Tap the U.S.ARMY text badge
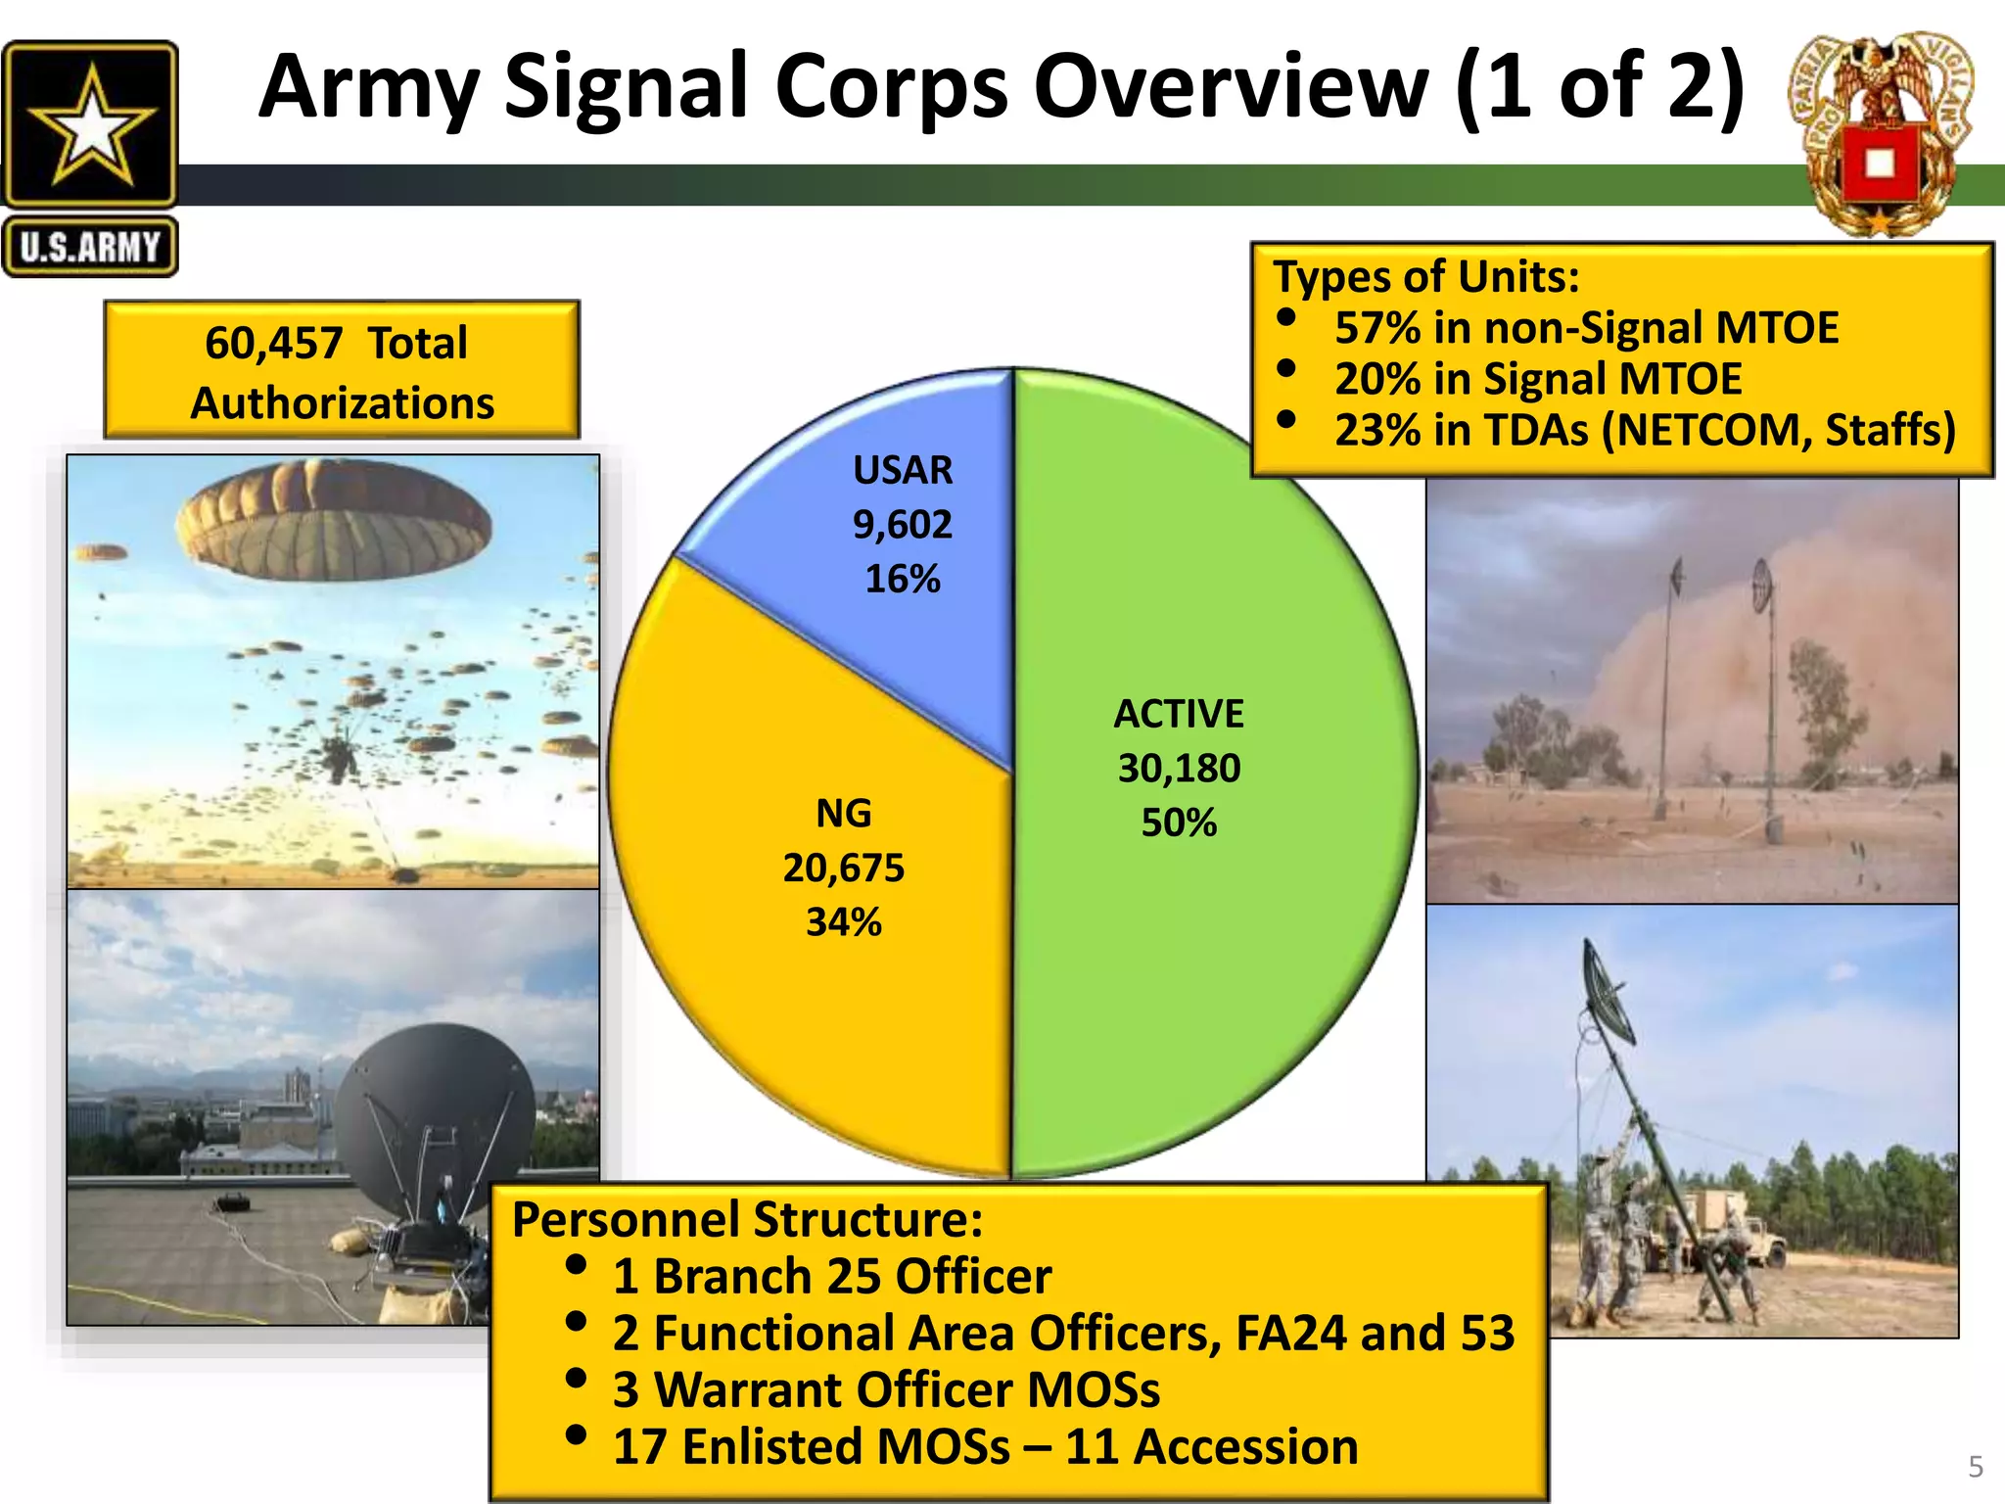click(90, 247)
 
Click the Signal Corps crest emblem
click(1881, 137)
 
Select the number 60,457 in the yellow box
click(273, 343)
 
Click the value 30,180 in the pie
click(1179, 768)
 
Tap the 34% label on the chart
click(843, 922)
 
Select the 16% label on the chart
click(902, 579)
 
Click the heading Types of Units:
click(1425, 277)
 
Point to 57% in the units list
click(1376, 328)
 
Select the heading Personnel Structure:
click(747, 1220)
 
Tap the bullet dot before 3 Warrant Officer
click(577, 1379)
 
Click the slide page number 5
click(1975, 1467)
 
